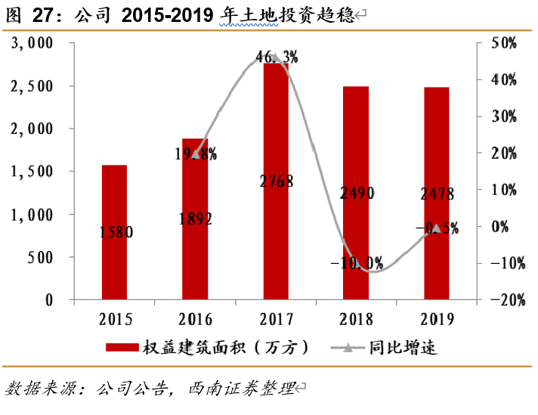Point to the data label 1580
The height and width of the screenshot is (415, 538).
[115, 233]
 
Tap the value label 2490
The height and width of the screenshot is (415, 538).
[356, 194]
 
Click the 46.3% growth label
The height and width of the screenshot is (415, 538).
[277, 56]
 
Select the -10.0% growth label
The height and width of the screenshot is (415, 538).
[357, 264]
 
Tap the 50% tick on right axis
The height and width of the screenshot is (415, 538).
[502, 43]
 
